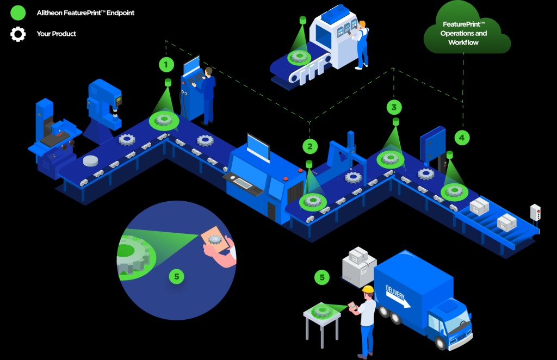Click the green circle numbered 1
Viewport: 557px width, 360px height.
click(x=166, y=65)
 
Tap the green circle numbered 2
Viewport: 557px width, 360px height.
click(x=310, y=146)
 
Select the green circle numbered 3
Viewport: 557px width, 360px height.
click(x=394, y=107)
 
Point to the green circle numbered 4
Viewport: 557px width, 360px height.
click(x=462, y=138)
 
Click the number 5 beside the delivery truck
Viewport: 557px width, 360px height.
click(x=322, y=277)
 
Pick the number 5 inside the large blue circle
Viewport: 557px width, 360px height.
click(x=177, y=276)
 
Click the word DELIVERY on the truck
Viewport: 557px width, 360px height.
click(x=395, y=293)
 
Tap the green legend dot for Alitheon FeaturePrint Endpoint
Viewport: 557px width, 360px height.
click(x=18, y=13)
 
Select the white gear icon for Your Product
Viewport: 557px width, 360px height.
click(x=18, y=34)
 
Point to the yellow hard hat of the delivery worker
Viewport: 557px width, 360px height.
click(x=368, y=289)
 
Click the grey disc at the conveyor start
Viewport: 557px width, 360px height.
click(x=91, y=161)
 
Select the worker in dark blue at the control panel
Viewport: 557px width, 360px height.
click(x=207, y=96)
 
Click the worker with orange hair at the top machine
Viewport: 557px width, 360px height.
click(x=361, y=45)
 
